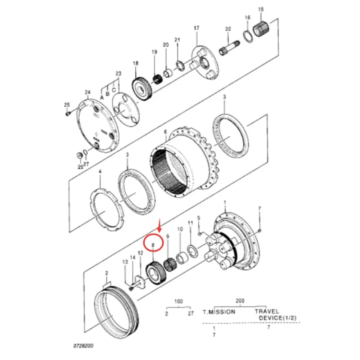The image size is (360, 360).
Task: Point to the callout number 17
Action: point(196,28)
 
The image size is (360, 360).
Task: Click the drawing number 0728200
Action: point(83,346)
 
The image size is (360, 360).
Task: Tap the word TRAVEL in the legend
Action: point(267,312)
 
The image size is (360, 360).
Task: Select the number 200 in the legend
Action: point(240,300)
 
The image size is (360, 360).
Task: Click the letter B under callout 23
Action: point(107,93)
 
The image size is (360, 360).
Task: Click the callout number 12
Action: point(141,253)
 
